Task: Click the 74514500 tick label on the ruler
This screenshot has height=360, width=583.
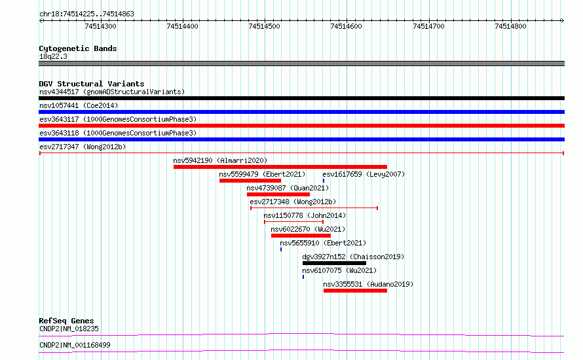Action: [264, 26]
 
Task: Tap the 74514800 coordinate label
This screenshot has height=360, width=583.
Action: [510, 26]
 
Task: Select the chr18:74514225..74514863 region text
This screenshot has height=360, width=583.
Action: [86, 14]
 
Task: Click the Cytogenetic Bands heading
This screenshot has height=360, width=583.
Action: [78, 48]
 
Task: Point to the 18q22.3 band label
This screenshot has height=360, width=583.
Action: [53, 56]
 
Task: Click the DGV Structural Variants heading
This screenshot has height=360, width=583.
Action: [92, 84]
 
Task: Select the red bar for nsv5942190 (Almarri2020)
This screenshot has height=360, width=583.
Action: [280, 167]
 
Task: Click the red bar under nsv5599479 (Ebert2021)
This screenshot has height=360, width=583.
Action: [250, 181]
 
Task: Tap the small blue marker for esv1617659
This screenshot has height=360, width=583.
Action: [324, 181]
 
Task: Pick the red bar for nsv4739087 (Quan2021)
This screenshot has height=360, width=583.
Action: [278, 194]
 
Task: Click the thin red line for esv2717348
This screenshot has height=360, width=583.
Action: [314, 208]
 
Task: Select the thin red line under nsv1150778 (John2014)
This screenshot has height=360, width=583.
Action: [293, 222]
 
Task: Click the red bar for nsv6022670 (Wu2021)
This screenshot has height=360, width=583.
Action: [301, 236]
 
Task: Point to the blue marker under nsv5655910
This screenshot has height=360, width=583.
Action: [281, 249]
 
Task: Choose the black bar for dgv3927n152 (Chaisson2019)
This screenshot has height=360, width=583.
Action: [334, 263]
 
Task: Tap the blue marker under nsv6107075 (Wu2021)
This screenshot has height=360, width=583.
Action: [303, 277]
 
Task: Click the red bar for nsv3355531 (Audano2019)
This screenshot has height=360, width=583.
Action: [355, 291]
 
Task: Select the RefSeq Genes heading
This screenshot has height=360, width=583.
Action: [66, 321]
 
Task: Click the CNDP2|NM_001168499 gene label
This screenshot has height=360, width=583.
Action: [75, 345]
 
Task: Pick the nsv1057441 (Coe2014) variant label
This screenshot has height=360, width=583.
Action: [79, 105]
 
